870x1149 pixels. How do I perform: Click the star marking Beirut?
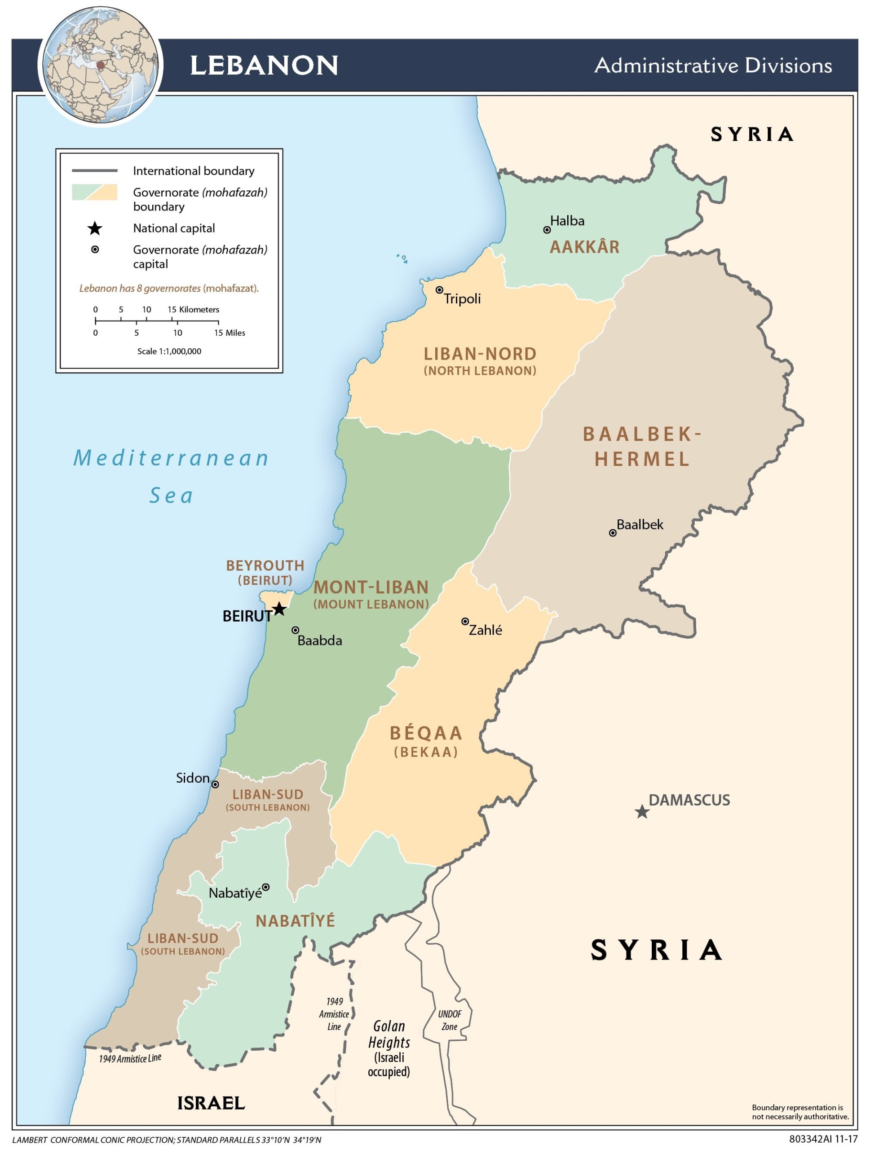[x=279, y=609]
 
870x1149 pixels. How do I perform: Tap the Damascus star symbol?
[x=642, y=811]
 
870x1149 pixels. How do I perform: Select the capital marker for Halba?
[x=547, y=230]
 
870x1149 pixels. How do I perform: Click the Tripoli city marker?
[x=439, y=290]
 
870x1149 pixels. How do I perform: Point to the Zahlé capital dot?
[x=465, y=621]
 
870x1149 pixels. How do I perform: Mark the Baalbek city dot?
[x=613, y=533]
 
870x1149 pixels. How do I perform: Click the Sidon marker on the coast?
[x=215, y=785]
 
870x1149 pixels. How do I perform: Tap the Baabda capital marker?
[x=295, y=630]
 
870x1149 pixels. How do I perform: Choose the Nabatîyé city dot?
[x=265, y=887]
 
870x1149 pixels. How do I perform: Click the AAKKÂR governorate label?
[x=585, y=247]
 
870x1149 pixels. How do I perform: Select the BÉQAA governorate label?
[x=426, y=734]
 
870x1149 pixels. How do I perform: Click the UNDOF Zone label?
[x=450, y=1020]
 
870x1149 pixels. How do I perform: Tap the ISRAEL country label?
[x=211, y=1103]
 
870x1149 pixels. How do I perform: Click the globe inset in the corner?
[x=101, y=66]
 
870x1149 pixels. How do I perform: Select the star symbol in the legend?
[x=95, y=228]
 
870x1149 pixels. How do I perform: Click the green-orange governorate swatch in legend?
[x=95, y=192]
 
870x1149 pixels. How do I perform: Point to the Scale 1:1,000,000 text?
[x=169, y=351]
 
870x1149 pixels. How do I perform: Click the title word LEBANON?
[x=264, y=66]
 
